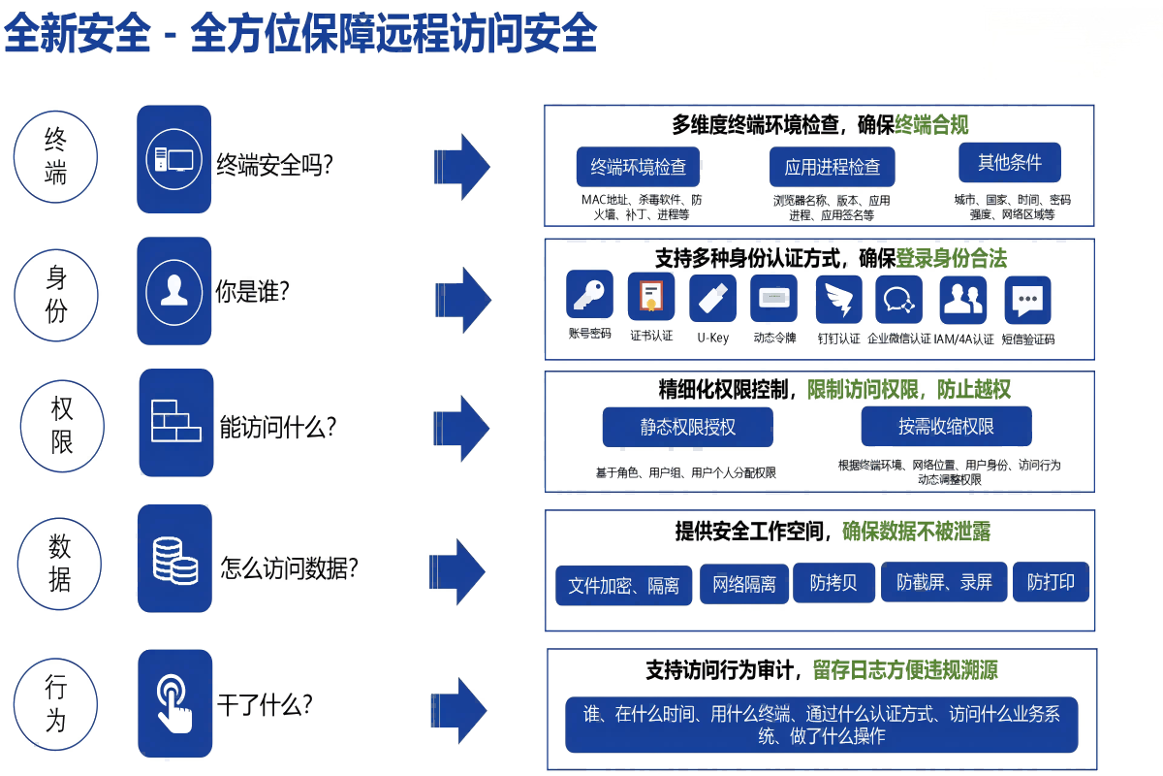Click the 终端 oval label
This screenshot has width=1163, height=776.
(x=56, y=157)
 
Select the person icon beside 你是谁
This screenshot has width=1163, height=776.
(x=174, y=290)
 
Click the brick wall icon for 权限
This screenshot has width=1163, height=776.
(x=175, y=422)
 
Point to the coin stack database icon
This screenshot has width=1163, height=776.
(x=175, y=559)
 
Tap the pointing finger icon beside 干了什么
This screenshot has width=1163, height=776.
(x=174, y=703)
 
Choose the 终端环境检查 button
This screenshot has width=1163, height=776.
(x=638, y=167)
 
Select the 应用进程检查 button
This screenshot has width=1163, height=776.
(x=832, y=167)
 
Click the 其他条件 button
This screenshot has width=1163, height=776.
(x=1009, y=163)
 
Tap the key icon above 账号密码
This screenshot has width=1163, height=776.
(x=589, y=295)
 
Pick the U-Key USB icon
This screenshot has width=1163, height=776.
(x=712, y=298)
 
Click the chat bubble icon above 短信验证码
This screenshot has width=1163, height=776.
(x=1027, y=300)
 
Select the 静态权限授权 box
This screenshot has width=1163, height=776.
(x=687, y=427)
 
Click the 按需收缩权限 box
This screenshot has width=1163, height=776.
(x=946, y=427)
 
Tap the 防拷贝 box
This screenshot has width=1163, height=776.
(x=833, y=582)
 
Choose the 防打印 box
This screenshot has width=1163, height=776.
(x=1051, y=582)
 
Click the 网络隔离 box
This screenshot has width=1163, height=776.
(x=743, y=584)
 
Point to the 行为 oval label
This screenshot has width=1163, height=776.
(x=56, y=703)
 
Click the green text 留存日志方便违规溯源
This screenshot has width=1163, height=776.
(x=905, y=669)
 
